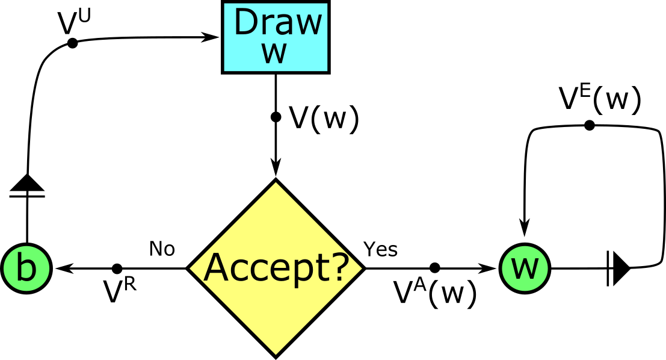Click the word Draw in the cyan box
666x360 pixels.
coord(277,23)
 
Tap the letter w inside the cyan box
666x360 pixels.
coord(274,53)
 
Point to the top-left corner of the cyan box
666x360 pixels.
coord(225,4)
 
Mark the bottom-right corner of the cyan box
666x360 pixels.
coord(327,70)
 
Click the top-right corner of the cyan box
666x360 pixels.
coord(327,4)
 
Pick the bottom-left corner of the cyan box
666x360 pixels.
coord(225,70)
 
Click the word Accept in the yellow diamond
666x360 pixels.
coord(268,268)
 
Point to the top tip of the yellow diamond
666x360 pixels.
coord(276,183)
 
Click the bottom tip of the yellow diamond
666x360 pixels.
coord(276,353)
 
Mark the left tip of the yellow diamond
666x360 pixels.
coord(191,268)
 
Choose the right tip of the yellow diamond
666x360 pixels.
coord(361,268)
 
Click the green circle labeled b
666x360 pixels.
coord(26,268)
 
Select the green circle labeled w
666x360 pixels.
coord(525,268)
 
